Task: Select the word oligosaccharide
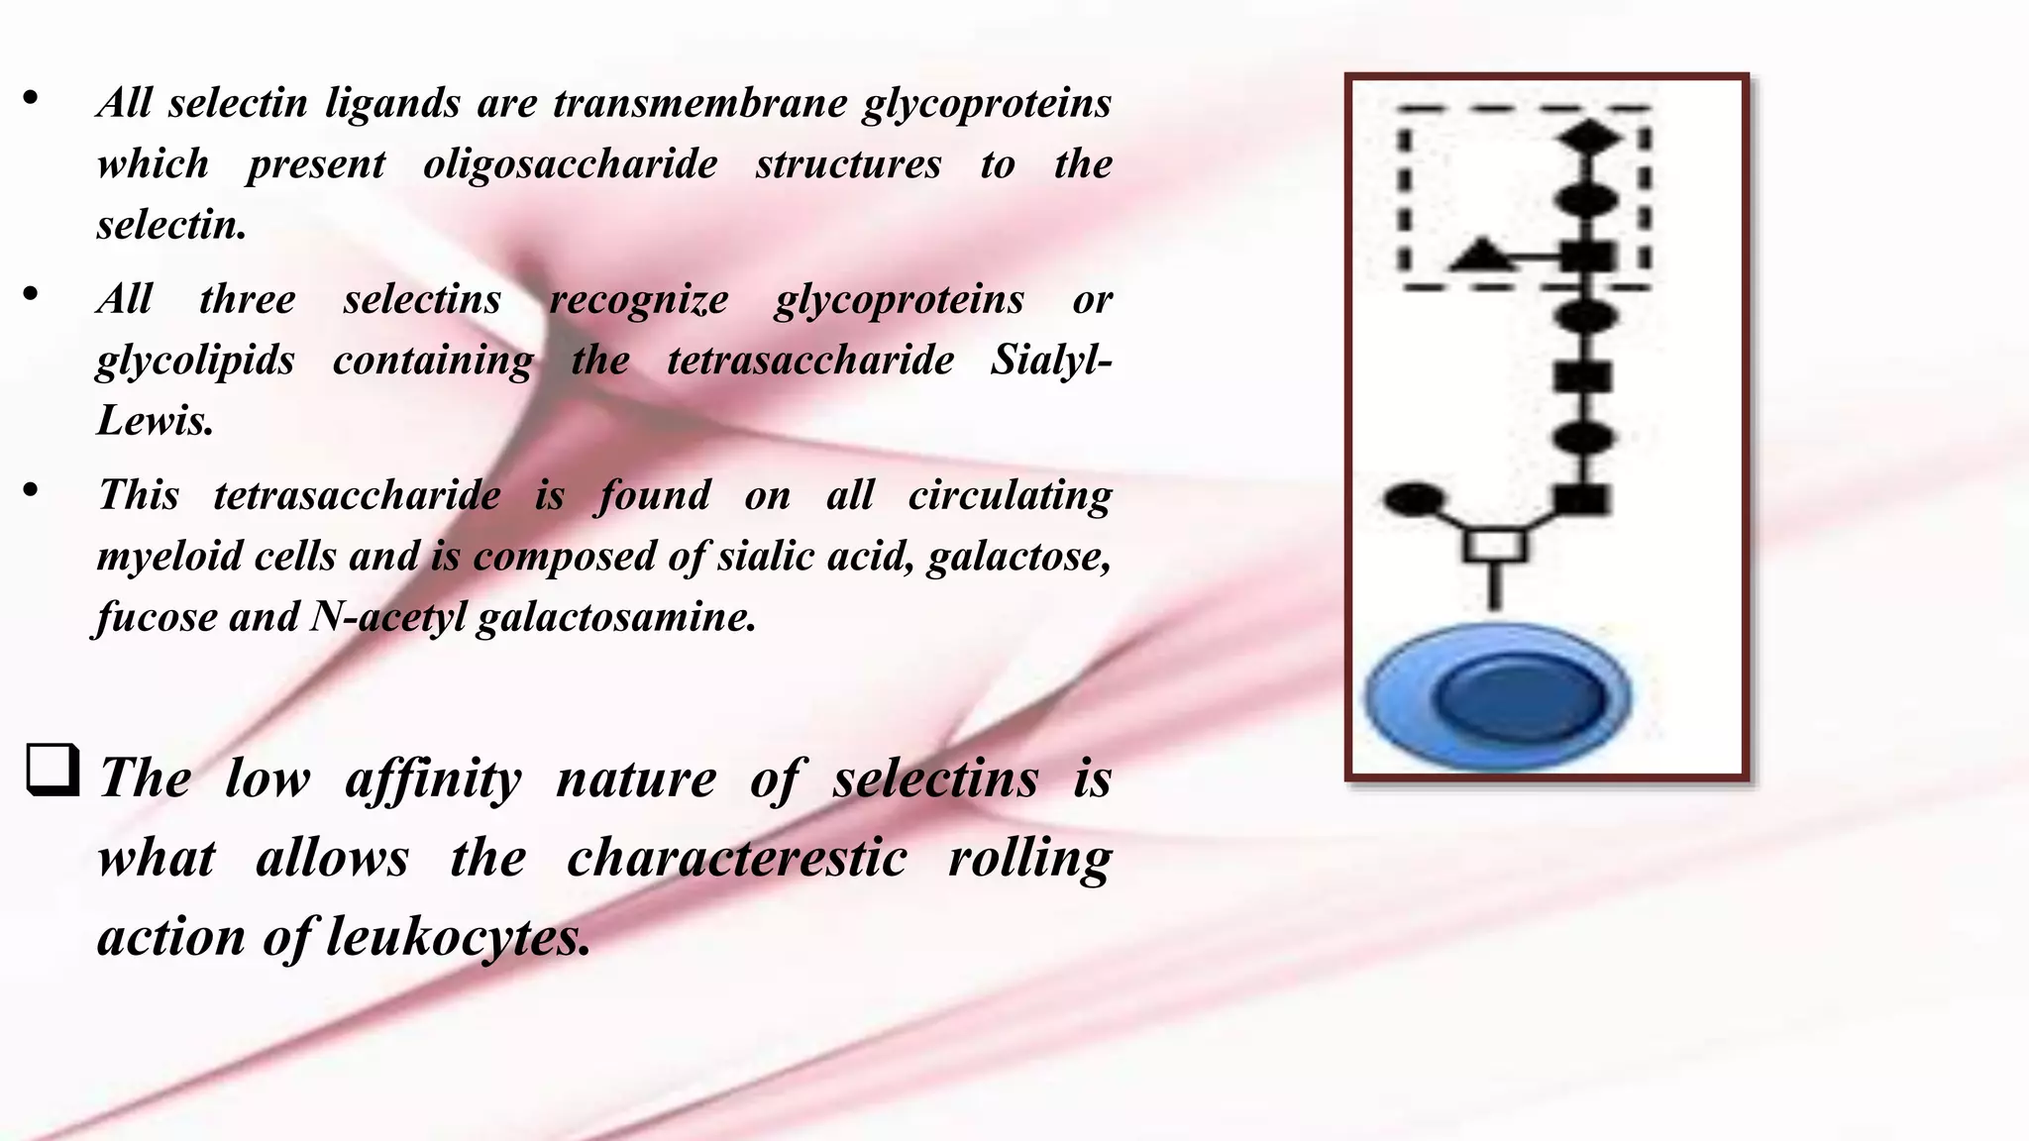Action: coord(570,164)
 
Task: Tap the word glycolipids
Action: coord(195,361)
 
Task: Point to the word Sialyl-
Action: coord(1050,360)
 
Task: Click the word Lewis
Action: coord(155,421)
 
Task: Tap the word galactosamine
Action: coord(615,617)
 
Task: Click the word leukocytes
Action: coord(458,936)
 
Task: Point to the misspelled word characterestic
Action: coord(736,858)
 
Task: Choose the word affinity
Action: coord(433,779)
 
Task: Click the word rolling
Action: coord(1029,858)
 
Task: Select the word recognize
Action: coord(638,299)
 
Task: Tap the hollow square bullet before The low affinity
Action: coord(53,770)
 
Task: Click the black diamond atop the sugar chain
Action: coord(1588,137)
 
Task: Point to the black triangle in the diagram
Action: coord(1481,256)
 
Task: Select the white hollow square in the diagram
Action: coord(1496,546)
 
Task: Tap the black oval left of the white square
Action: coord(1414,499)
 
